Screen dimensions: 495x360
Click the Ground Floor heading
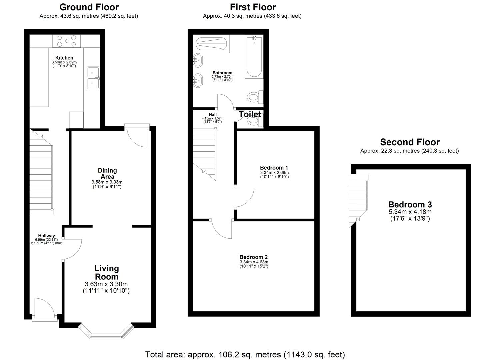[x=89, y=7]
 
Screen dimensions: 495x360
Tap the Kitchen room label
[x=64, y=58]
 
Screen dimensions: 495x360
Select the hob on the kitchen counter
[x=67, y=41]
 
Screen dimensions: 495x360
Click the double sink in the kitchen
[x=93, y=78]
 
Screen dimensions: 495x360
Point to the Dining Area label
[x=107, y=173]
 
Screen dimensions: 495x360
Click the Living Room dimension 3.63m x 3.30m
[x=106, y=284]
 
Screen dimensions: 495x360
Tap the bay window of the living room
[x=106, y=331]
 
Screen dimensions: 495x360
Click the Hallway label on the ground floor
[x=46, y=236]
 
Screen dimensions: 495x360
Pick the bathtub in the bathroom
[x=254, y=57]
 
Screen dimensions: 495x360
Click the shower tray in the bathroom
[x=211, y=44]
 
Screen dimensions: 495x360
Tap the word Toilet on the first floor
[x=250, y=114]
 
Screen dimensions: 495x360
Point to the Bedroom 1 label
[x=274, y=168]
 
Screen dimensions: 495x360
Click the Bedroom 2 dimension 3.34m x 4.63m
[x=254, y=262]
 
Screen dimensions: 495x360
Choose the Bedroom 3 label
[x=410, y=204]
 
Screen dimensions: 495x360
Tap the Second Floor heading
[x=410, y=142]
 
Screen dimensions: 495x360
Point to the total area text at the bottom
[x=245, y=354]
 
